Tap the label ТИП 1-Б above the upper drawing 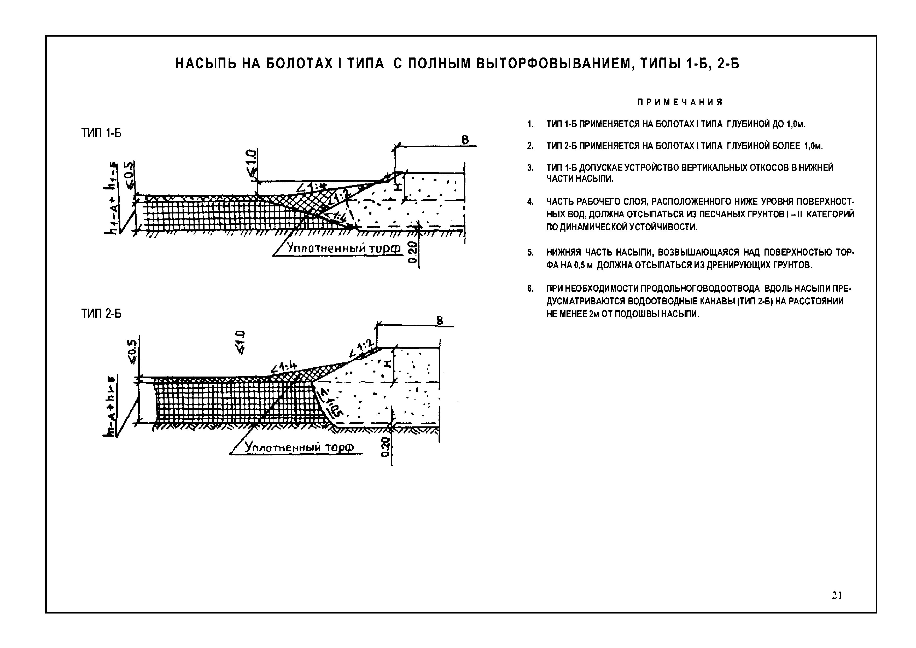101,133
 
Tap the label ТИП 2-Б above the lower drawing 101,314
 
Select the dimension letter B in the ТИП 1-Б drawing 465,140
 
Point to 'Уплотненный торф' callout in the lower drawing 299,447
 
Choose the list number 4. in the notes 530,202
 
